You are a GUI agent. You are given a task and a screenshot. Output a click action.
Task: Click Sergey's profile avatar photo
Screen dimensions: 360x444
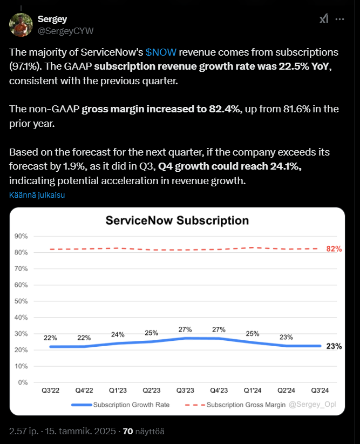click(x=21, y=25)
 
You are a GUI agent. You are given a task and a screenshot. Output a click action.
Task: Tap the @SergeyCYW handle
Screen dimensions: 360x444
click(x=66, y=31)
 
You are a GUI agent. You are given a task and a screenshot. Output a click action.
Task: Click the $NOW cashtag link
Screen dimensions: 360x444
click(x=161, y=52)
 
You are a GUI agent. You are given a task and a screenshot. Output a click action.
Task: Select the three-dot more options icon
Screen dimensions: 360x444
click(x=339, y=19)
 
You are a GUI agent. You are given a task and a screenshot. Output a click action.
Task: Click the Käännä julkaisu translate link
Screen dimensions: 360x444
click(x=37, y=195)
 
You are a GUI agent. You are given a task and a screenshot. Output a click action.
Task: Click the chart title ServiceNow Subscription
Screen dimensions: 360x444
click(x=177, y=220)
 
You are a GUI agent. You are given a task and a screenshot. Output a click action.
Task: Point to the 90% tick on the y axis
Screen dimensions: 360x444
click(x=21, y=236)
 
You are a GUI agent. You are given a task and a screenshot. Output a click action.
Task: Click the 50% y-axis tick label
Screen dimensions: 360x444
click(x=21, y=301)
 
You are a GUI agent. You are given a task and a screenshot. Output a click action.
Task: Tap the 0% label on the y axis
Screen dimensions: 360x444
click(x=23, y=382)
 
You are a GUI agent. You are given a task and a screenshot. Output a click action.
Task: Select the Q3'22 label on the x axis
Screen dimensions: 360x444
click(x=50, y=391)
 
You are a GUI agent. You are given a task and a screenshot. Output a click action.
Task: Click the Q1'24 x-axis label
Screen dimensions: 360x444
click(x=253, y=391)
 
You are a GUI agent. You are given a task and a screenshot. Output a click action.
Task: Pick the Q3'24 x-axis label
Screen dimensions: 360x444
click(x=320, y=391)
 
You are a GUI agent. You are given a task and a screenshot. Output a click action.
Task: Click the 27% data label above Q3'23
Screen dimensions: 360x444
click(x=185, y=329)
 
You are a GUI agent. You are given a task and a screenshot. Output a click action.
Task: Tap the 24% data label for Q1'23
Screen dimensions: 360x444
click(x=118, y=334)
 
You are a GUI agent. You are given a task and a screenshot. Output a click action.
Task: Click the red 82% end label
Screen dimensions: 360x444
click(x=334, y=248)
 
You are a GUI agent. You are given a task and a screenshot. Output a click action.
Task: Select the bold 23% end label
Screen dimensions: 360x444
click(x=334, y=346)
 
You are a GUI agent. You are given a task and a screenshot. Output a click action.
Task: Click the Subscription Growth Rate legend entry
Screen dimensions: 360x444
click(x=120, y=405)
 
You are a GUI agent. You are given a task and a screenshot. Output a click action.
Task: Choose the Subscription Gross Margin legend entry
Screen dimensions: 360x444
click(x=235, y=405)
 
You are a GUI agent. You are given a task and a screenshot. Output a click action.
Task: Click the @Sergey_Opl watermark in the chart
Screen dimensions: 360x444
click(x=313, y=405)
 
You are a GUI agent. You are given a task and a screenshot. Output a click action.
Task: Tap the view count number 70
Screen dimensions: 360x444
click(x=128, y=431)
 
